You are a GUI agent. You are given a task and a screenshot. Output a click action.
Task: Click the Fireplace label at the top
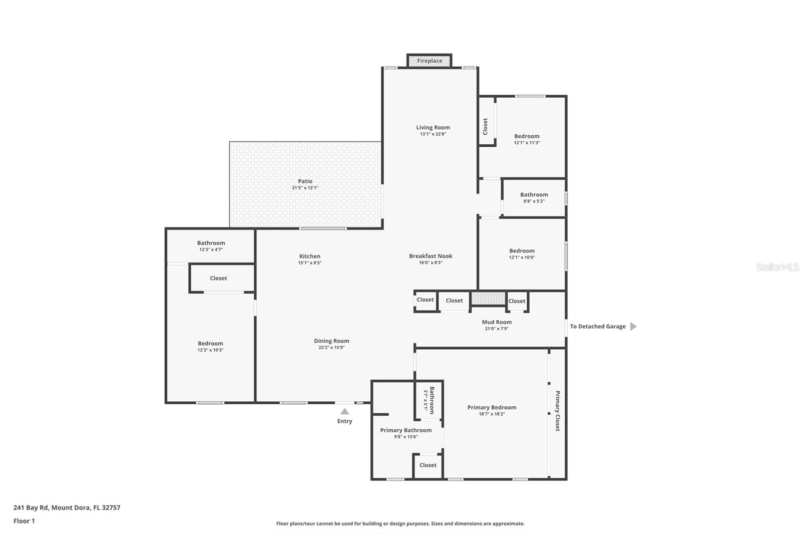[430, 61]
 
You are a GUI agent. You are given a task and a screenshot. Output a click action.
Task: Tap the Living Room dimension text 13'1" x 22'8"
[433, 134]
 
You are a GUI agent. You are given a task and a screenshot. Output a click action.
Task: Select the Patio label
[305, 181]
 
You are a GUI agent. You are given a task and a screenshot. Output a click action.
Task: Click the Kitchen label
[309, 256]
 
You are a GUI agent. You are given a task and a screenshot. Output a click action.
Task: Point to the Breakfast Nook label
[431, 256]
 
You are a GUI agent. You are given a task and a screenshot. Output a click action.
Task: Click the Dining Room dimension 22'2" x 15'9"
[331, 347]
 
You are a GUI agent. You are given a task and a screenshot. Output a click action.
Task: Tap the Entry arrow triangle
[344, 411]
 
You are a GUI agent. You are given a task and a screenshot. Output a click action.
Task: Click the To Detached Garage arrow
[633, 326]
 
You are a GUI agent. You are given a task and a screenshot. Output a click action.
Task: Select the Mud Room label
[497, 322]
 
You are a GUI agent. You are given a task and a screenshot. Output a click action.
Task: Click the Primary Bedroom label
[492, 407]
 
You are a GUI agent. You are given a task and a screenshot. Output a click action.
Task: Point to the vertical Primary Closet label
[557, 411]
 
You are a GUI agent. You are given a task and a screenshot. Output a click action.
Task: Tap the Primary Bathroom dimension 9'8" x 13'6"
[406, 437]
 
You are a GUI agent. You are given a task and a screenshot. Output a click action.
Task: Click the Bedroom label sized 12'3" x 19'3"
[210, 344]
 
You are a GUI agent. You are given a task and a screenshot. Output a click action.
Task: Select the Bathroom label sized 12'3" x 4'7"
[211, 243]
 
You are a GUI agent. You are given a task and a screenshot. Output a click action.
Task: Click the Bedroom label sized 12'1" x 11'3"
[527, 136]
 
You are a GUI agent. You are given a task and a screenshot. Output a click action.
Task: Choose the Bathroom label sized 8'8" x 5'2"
[534, 194]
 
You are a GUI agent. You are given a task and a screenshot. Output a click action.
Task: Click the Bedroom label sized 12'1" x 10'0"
[522, 251]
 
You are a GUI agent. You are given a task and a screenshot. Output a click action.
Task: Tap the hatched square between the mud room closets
[488, 299]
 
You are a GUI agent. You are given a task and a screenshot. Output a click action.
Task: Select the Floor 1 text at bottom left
[24, 521]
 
